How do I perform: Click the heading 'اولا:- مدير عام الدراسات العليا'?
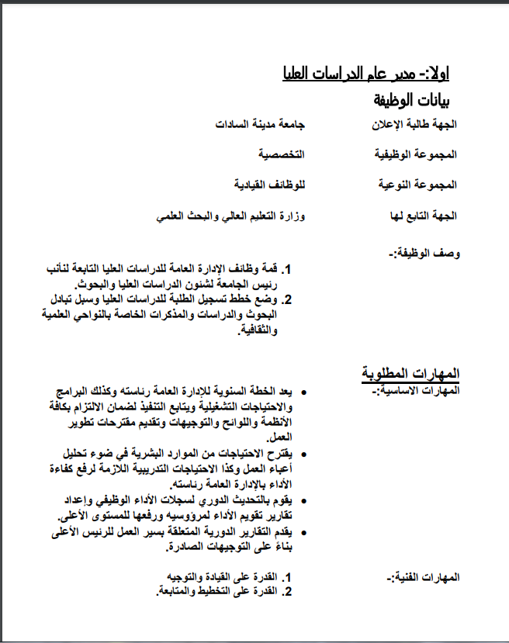(x=365, y=74)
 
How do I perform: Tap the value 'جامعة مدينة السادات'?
(x=260, y=124)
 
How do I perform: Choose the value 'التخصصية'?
(x=282, y=154)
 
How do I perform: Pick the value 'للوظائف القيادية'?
(x=268, y=185)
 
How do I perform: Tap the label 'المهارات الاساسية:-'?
(x=420, y=389)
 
